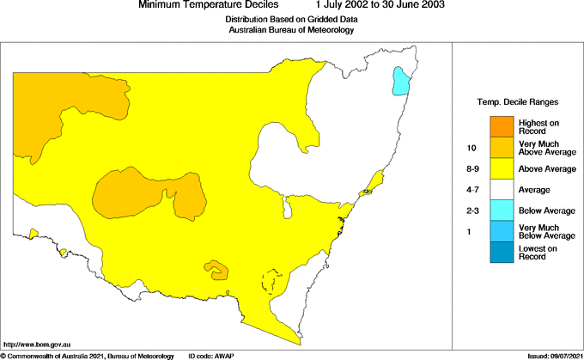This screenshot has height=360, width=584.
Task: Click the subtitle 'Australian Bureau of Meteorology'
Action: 291,30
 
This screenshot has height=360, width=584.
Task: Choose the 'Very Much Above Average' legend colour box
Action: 502,148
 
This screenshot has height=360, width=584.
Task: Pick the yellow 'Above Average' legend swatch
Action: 502,168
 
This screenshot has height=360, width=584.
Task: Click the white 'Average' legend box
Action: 502,189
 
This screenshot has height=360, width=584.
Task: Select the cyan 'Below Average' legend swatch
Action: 502,210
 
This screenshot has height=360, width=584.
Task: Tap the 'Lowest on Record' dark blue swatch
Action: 502,252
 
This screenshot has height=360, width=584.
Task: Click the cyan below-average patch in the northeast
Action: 400,82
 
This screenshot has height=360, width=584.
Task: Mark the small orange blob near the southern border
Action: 218,270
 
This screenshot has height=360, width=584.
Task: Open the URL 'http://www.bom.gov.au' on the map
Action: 36,344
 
